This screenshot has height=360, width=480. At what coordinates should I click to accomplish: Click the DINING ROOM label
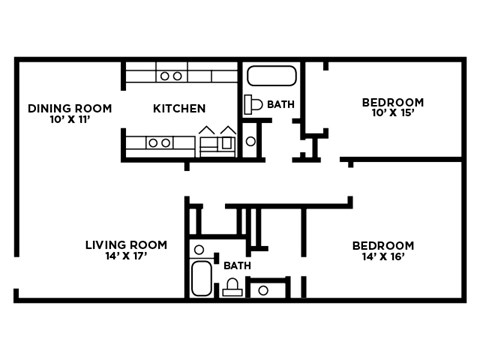(69, 108)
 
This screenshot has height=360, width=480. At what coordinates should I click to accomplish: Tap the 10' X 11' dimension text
(69, 120)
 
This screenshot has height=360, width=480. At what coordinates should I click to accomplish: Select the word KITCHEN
(179, 108)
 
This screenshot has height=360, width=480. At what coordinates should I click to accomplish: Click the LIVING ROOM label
(126, 245)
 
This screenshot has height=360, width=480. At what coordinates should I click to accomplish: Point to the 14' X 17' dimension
(126, 257)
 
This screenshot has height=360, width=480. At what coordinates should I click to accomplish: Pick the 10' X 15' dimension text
(392, 114)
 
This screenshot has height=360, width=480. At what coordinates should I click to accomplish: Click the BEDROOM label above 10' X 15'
(392, 102)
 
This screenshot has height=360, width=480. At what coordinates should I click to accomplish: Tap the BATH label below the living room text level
(237, 266)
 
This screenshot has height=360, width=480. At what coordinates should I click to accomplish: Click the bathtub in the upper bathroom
(271, 77)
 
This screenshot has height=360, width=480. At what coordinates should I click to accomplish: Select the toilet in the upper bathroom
(252, 104)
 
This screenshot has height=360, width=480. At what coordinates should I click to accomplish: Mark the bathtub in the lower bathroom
(200, 279)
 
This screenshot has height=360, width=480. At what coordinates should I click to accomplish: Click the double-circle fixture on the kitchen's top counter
(171, 75)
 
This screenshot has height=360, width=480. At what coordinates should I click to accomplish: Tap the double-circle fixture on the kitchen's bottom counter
(158, 143)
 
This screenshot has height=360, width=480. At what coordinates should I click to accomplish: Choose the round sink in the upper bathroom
(251, 141)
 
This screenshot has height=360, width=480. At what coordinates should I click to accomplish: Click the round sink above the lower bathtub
(199, 250)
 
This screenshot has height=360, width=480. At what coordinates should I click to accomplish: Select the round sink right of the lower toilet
(263, 291)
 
